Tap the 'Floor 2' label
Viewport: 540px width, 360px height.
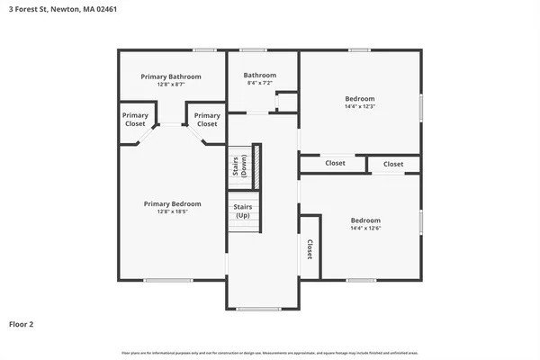pos(22,323)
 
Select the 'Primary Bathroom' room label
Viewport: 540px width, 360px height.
pos(171,76)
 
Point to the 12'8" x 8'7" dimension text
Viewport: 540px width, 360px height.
pos(171,85)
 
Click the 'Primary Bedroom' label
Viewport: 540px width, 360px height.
pos(173,203)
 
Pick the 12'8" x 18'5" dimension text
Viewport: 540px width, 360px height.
pos(173,211)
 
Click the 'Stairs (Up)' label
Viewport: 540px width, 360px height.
pos(243,211)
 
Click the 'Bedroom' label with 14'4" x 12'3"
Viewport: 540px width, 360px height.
pos(360,98)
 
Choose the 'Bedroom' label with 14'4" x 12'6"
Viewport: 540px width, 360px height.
pos(365,220)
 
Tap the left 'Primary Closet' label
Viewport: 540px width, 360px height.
pos(135,120)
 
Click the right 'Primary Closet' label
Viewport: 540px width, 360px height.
pos(207,120)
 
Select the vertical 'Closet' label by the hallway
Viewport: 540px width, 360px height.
pos(310,249)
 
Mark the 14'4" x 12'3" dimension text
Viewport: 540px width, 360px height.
pos(360,106)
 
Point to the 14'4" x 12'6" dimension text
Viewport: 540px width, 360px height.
pos(365,229)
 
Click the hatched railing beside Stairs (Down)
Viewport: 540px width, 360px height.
pos(256,166)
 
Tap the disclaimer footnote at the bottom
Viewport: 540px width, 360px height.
pos(270,352)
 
